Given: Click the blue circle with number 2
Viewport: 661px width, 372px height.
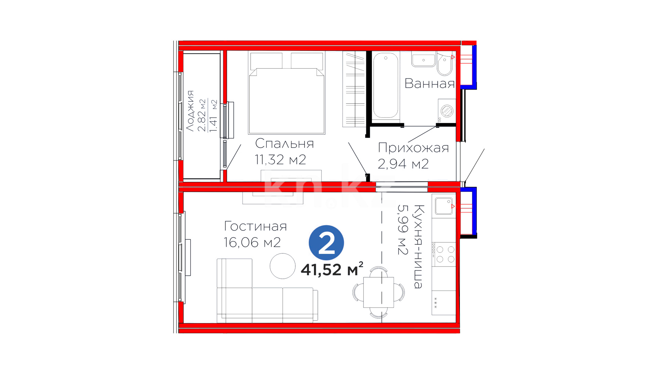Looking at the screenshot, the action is (326, 242).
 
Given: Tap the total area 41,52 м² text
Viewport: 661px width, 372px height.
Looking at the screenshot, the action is (332, 269).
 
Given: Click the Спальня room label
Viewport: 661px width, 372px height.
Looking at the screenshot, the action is (284, 143).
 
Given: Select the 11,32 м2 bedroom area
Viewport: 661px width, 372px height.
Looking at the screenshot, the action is (280, 159).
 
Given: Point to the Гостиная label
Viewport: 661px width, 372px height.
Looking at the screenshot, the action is (255, 226).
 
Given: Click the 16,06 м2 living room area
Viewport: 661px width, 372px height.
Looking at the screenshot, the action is (252, 242).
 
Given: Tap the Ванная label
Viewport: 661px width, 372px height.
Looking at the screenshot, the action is (430, 83).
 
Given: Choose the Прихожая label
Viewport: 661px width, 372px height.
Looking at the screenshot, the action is (413, 148).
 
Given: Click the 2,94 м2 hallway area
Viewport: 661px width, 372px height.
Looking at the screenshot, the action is (403, 164).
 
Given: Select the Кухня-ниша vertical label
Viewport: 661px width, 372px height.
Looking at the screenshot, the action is (418, 246).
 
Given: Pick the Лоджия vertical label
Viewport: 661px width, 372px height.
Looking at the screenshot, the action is (190, 111).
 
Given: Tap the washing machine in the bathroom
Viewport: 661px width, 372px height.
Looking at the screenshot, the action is (447, 111).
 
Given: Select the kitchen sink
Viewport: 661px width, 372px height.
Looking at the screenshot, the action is (444, 206).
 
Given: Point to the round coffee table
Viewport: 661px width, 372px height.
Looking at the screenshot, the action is (283, 266).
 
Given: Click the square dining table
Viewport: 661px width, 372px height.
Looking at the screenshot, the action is (379, 292).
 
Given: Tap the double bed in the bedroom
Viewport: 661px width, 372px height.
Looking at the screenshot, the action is (286, 93).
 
